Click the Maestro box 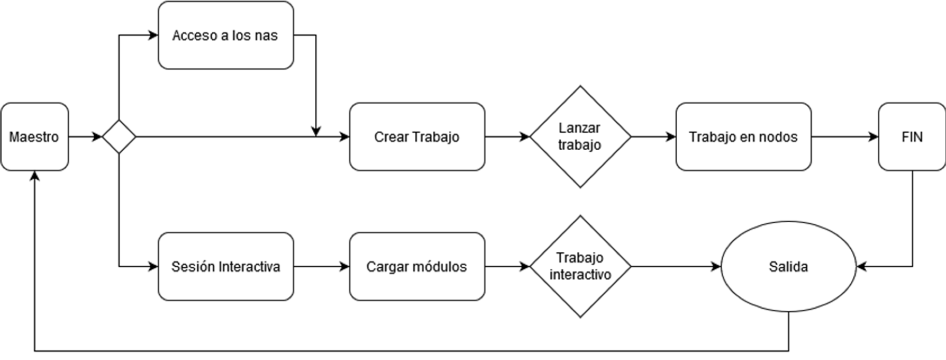(x=34, y=137)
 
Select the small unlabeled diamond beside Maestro (x=119, y=137)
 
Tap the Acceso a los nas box (x=226, y=35)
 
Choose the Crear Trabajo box (x=417, y=137)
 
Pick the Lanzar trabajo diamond (x=580, y=137)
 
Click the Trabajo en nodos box (x=743, y=137)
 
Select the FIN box (x=912, y=137)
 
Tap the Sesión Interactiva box (x=226, y=266)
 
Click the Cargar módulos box (x=417, y=266)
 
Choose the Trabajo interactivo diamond (x=580, y=266)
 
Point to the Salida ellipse (x=788, y=266)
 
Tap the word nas (x=266, y=36)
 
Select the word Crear (x=391, y=137)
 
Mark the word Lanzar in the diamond (x=579, y=128)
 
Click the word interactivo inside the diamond (x=580, y=275)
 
